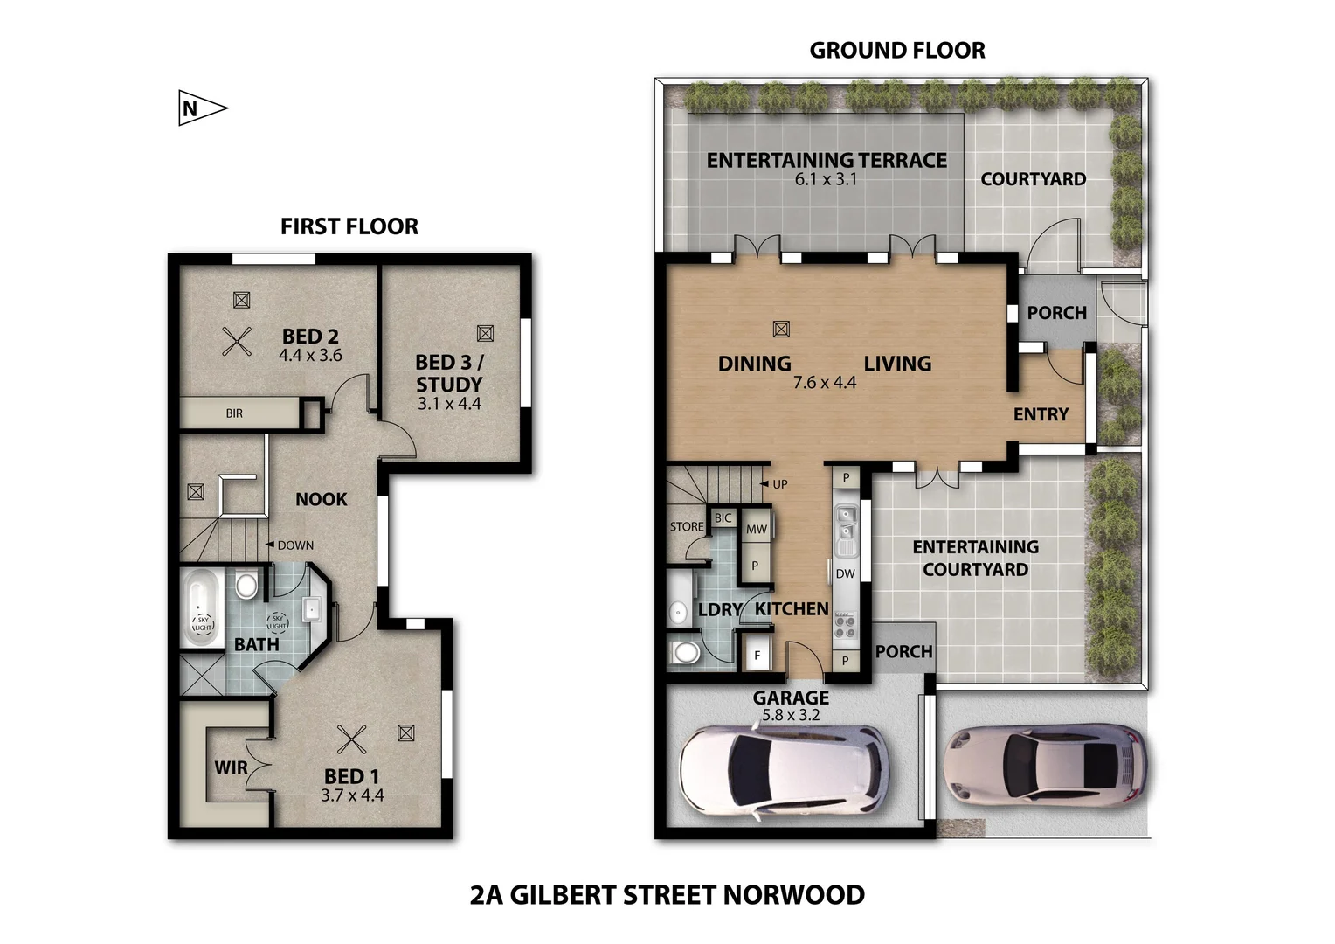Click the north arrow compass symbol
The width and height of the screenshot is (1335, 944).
click(x=201, y=108)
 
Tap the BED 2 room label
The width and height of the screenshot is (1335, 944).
click(x=310, y=337)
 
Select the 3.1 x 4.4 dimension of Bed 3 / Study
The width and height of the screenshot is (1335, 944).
click(x=449, y=404)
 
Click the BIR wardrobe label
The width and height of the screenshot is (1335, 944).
click(x=234, y=413)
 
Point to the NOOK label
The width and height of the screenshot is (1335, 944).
click(x=321, y=499)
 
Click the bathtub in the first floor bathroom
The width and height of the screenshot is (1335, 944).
click(x=203, y=607)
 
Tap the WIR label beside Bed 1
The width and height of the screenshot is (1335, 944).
click(x=231, y=767)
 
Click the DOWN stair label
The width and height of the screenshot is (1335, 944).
click(x=294, y=545)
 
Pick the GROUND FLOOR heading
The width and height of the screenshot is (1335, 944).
click(x=896, y=51)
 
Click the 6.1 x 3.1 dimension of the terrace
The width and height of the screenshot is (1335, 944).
click(x=826, y=179)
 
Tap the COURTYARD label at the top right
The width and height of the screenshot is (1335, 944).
click(x=1033, y=179)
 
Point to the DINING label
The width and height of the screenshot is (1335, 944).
click(x=754, y=364)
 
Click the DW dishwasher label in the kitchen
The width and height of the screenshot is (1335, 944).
click(x=845, y=574)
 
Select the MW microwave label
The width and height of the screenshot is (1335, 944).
click(x=756, y=529)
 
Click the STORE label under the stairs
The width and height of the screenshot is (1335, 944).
click(x=686, y=527)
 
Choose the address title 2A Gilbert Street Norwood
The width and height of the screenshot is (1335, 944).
click(x=667, y=895)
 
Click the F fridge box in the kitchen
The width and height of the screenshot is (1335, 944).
click(x=757, y=655)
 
